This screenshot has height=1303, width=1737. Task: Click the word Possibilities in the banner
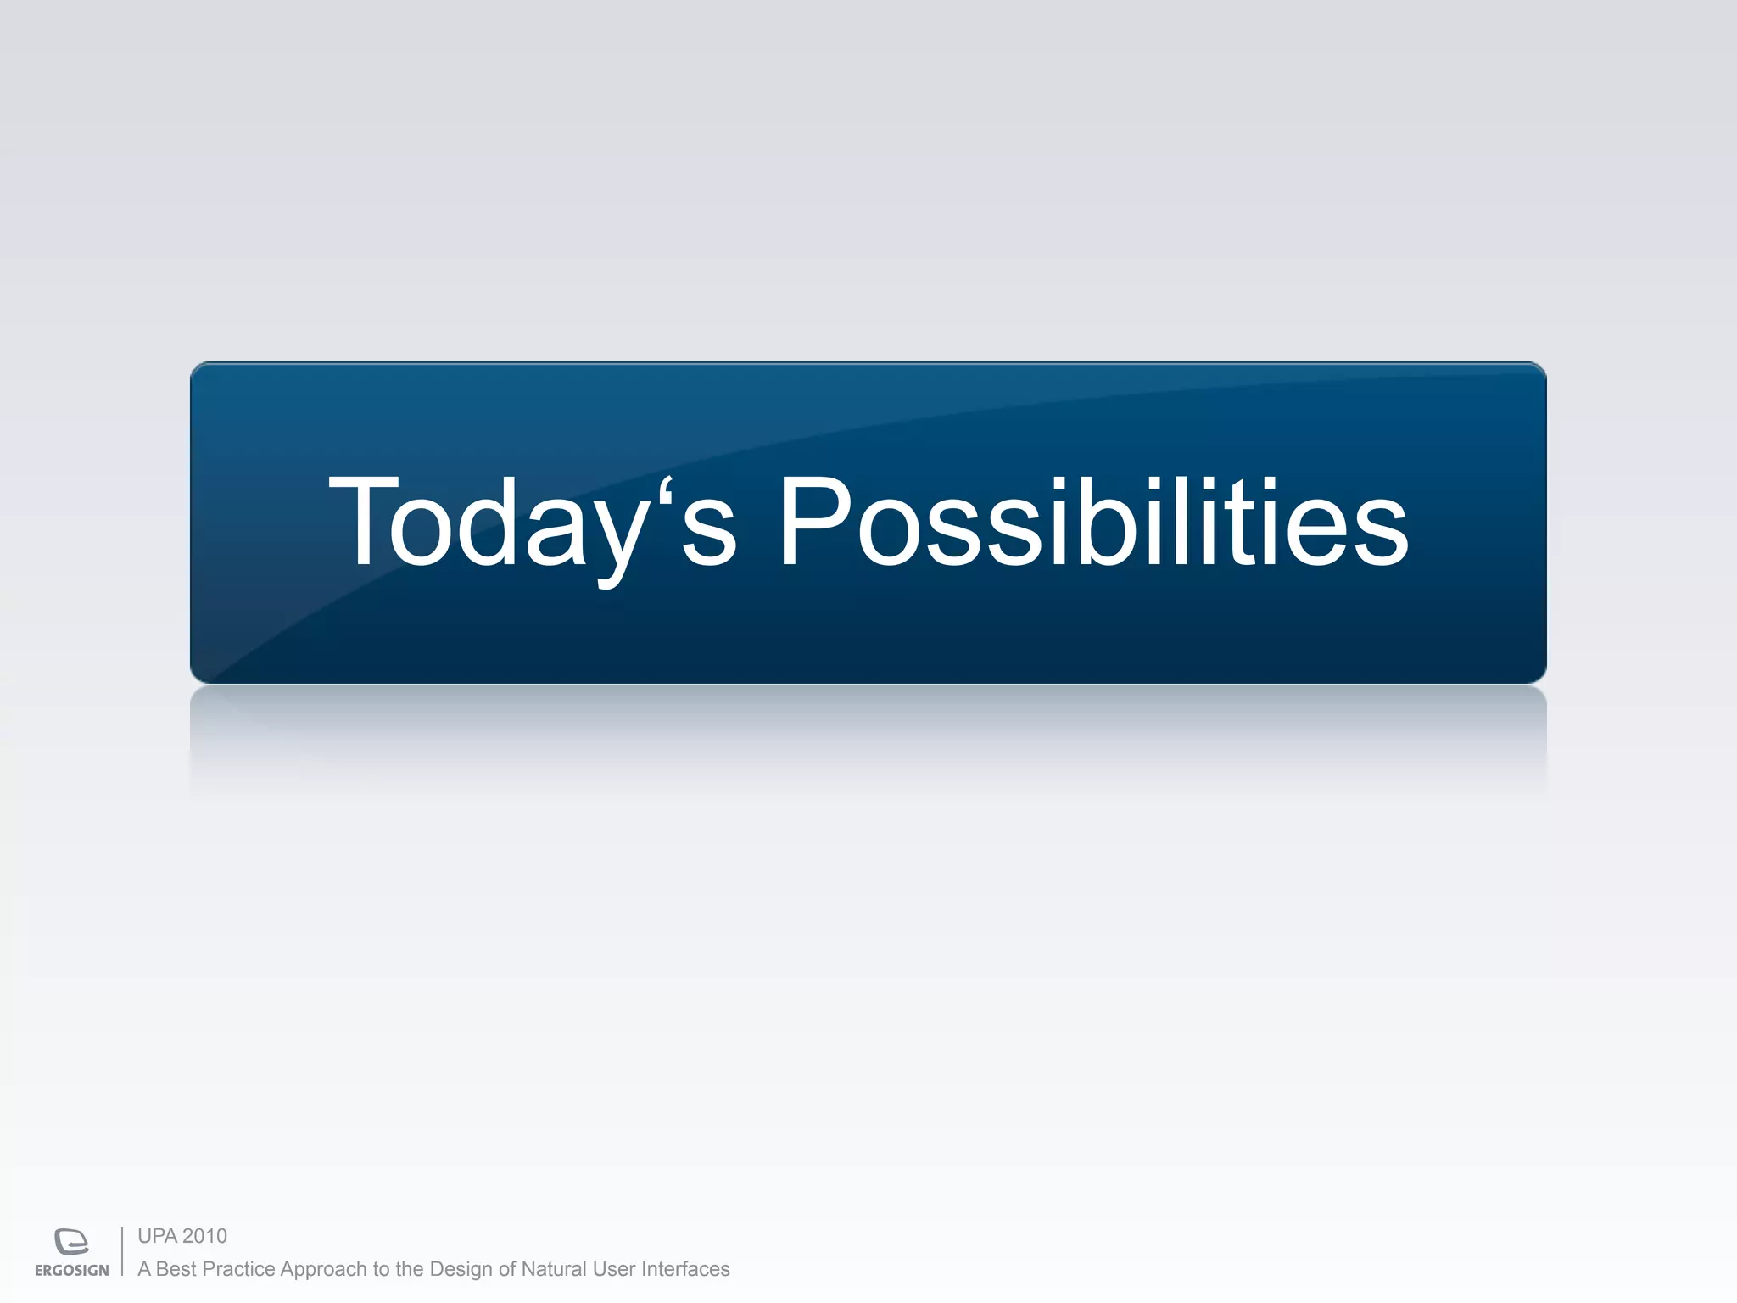(x=1092, y=521)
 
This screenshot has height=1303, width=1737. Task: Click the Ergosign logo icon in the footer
(x=71, y=1241)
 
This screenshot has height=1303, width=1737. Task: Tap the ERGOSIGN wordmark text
(x=71, y=1271)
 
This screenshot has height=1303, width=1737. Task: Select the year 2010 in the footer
(x=205, y=1236)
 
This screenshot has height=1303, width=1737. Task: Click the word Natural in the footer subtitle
(x=553, y=1269)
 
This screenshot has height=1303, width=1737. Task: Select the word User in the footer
(x=613, y=1269)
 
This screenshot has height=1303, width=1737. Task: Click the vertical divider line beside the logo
(x=122, y=1251)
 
